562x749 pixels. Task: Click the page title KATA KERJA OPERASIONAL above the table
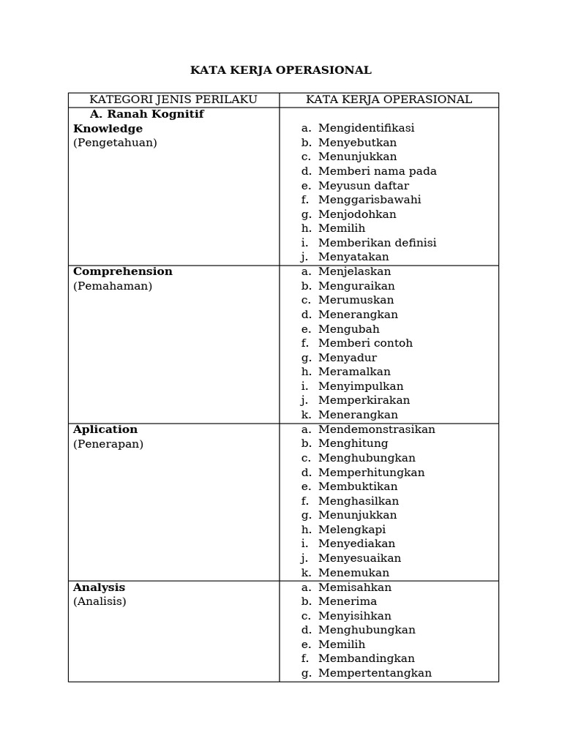(x=281, y=70)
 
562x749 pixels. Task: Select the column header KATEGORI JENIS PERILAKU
(x=173, y=99)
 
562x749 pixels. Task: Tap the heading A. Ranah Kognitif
(x=146, y=114)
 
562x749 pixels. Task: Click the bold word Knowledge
(x=108, y=129)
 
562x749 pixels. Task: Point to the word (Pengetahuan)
(x=115, y=143)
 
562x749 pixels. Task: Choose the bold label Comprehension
(x=123, y=271)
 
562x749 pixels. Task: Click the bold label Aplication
(x=105, y=429)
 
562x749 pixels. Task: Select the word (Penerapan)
(x=108, y=444)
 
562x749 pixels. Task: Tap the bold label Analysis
(x=99, y=587)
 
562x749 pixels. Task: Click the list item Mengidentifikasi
(x=366, y=128)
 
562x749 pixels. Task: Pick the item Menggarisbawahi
(x=370, y=200)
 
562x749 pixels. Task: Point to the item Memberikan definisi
(x=377, y=243)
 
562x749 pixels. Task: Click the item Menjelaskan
(x=354, y=271)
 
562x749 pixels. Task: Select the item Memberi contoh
(x=365, y=343)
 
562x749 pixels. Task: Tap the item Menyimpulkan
(x=361, y=386)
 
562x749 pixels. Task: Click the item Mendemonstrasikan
(x=376, y=429)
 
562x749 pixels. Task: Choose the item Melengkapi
(x=351, y=530)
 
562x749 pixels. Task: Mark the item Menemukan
(x=353, y=573)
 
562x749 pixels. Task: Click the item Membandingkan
(x=366, y=658)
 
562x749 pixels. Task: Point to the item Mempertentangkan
(x=375, y=673)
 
